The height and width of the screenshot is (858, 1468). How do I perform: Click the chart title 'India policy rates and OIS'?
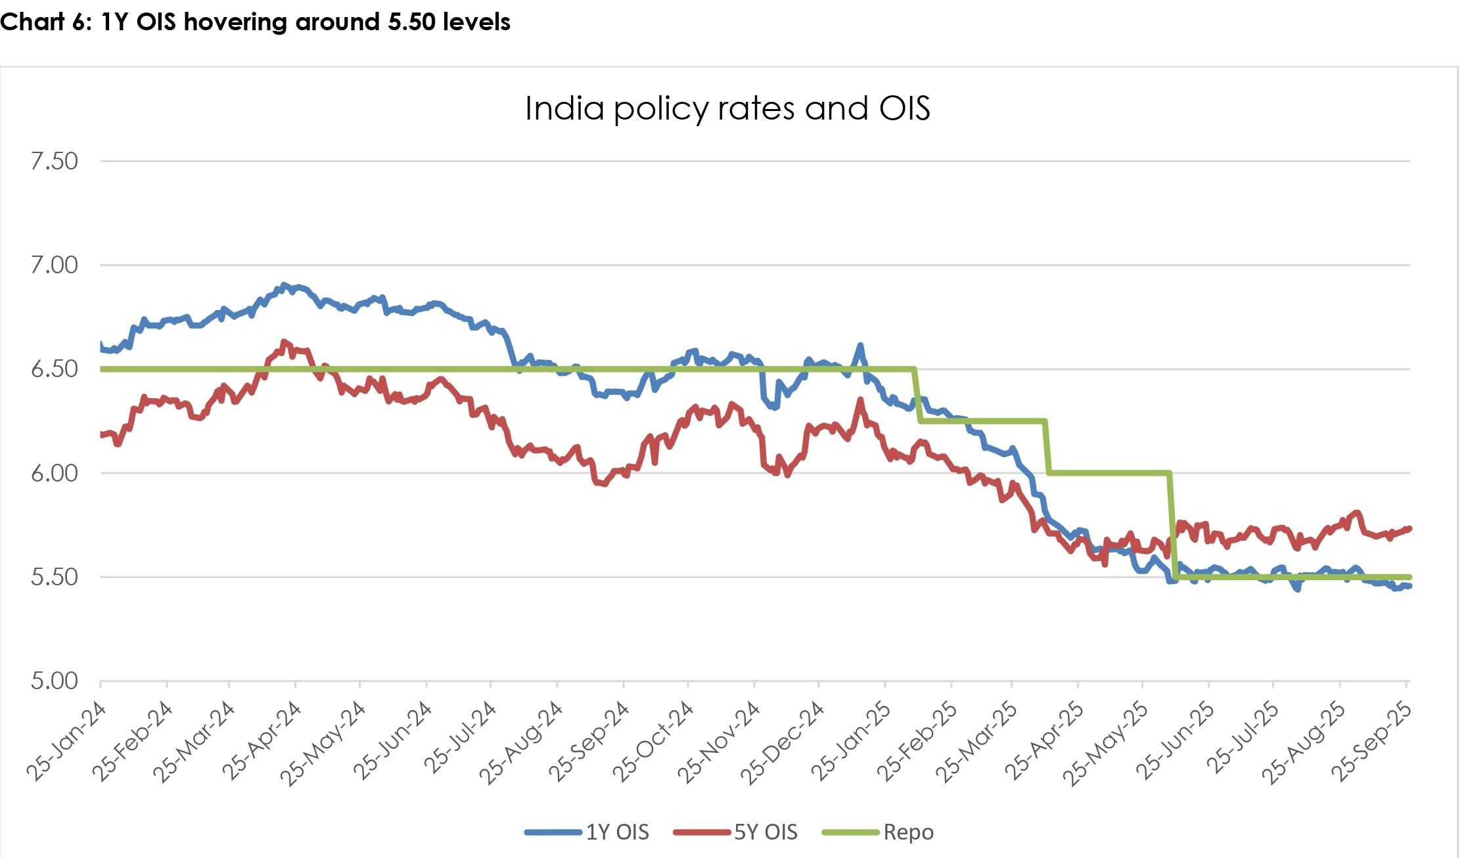coord(727,108)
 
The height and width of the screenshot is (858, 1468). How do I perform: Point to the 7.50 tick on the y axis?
coord(54,161)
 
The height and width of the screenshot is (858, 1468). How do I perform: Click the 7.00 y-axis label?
coord(54,265)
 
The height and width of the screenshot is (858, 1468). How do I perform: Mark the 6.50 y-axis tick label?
coord(54,369)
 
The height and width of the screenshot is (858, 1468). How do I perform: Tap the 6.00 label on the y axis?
coord(54,473)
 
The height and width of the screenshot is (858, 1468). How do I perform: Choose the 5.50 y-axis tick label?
coord(54,577)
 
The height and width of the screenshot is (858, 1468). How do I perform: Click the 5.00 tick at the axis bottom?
coord(54,681)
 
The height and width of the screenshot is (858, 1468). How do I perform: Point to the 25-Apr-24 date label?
coord(262,741)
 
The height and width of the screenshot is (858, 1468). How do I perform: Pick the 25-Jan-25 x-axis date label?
coord(852,741)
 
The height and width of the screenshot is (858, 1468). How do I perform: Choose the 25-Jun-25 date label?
coord(1176,741)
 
